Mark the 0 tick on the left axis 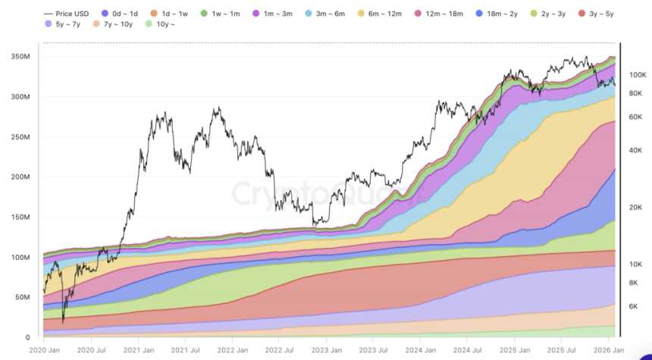27,337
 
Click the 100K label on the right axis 638,75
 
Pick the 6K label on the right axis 635,307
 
